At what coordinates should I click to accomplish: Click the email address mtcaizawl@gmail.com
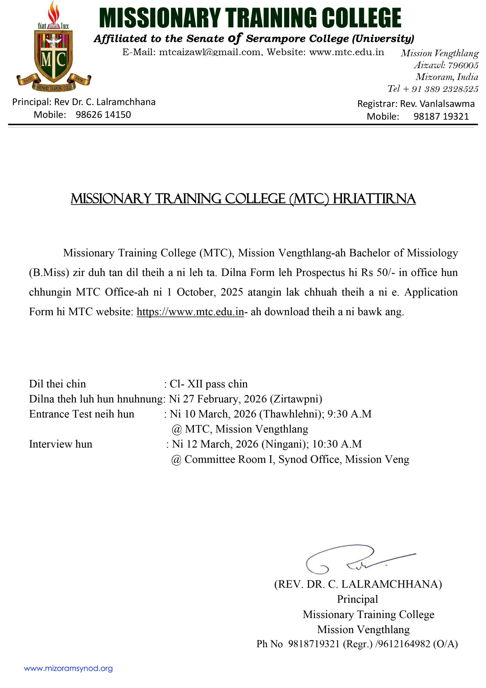pos(210,52)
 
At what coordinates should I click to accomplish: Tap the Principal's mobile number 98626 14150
pos(103,115)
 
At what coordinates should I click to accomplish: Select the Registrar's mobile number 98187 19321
pos(441,116)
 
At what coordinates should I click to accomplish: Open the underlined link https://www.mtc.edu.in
pos(190,312)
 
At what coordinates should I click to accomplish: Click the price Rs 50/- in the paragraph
pos(377,272)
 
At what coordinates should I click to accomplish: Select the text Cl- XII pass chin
pos(209,384)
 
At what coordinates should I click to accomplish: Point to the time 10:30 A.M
pos(337,444)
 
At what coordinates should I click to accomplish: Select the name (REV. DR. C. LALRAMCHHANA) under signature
pos(358,584)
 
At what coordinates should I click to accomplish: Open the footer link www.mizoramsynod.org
pos(68,668)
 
